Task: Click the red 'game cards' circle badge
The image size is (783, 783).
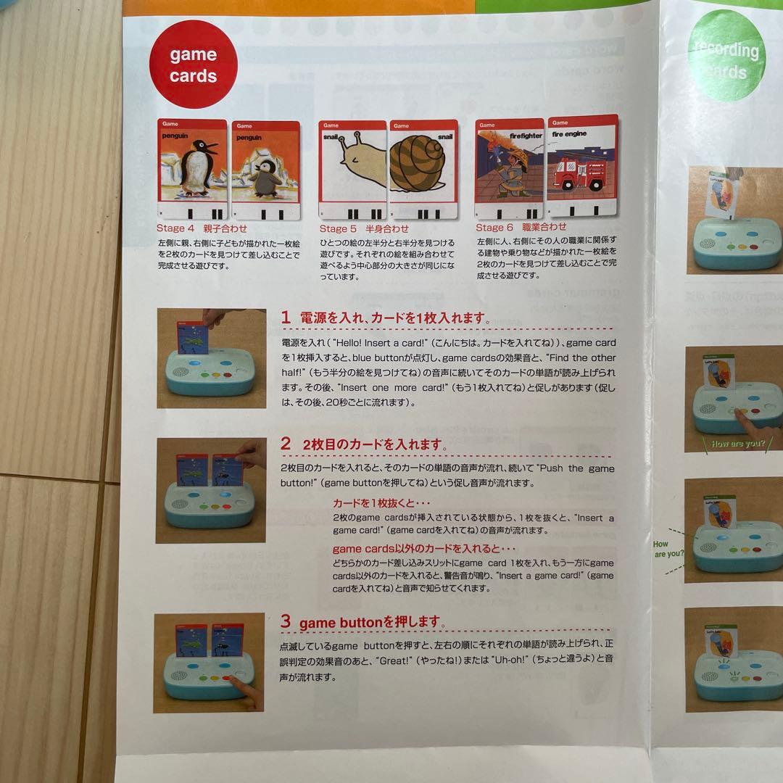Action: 193,64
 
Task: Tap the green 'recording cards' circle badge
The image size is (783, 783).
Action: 725,59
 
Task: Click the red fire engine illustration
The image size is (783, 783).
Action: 581,174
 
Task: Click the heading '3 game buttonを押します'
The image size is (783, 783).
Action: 362,622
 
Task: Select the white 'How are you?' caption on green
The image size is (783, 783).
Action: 737,443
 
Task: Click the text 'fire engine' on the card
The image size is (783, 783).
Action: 569,133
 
